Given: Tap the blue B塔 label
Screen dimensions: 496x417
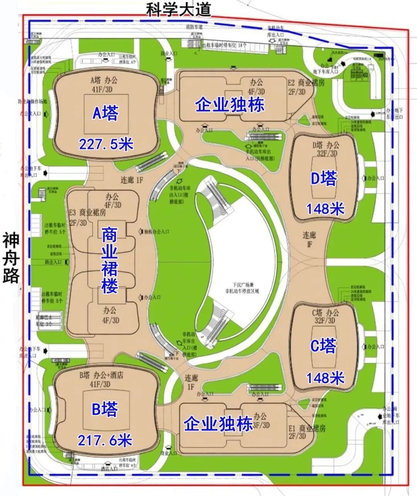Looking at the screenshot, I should (105, 410).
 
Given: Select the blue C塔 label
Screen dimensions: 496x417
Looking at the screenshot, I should (324, 346).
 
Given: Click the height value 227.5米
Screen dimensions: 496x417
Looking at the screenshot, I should (106, 144).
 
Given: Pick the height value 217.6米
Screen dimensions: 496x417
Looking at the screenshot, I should (105, 440).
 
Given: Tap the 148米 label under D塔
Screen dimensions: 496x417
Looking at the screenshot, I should (325, 209).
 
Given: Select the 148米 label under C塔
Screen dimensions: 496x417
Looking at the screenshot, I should (325, 378).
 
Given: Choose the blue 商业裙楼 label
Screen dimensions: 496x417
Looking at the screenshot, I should (110, 260).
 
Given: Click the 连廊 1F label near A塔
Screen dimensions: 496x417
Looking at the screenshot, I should (132, 180).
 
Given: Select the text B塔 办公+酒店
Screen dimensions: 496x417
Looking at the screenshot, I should (101, 375).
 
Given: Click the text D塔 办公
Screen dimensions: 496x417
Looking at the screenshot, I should (325, 145).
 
